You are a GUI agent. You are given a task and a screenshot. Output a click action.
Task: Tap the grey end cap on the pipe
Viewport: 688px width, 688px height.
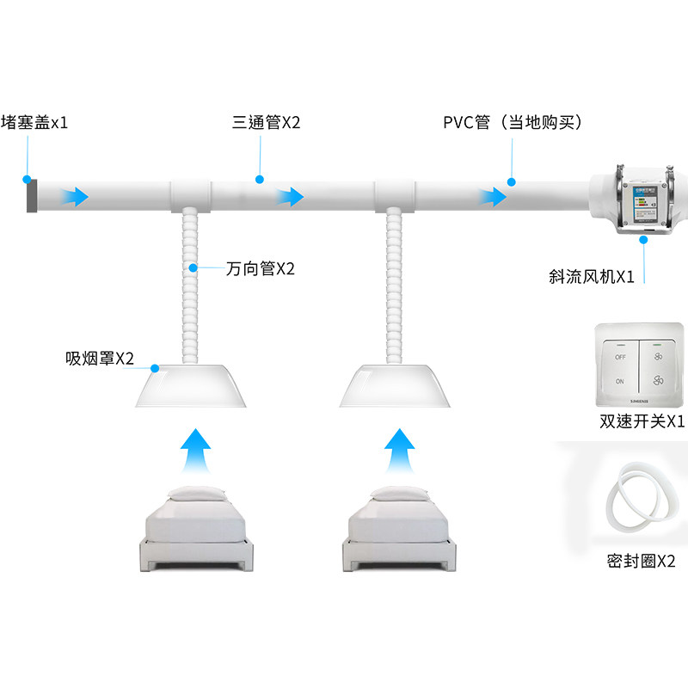[x=30, y=196]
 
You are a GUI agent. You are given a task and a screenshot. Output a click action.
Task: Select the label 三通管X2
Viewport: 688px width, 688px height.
[x=266, y=123]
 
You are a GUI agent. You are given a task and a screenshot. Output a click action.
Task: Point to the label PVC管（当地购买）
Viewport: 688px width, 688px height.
[x=513, y=123]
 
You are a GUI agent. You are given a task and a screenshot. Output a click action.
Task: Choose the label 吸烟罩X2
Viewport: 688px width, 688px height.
[x=100, y=359]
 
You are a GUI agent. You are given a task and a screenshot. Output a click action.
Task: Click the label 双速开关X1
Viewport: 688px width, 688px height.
[x=642, y=422]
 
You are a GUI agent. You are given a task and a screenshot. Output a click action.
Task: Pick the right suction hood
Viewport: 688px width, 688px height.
[x=394, y=386]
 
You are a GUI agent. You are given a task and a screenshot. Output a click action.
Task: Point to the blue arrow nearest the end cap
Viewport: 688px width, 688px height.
[x=76, y=197]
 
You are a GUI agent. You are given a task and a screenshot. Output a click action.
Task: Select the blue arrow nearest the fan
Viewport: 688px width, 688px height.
[x=494, y=197]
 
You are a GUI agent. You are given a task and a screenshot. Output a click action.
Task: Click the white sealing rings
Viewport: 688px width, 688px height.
[x=639, y=503]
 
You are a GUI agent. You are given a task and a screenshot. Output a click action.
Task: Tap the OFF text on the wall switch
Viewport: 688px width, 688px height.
[x=619, y=355]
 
